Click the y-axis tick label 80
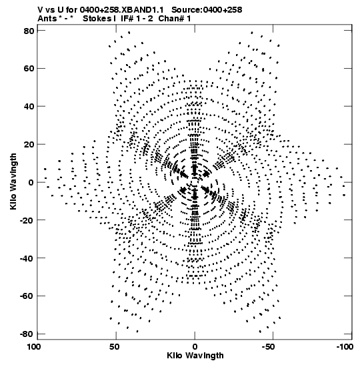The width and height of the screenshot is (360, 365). coord(29,31)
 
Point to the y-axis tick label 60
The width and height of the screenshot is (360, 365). coord(29,69)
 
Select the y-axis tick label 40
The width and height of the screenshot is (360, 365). coord(29,107)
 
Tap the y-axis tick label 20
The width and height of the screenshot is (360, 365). coord(29,145)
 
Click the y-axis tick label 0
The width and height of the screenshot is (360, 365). coord(31,183)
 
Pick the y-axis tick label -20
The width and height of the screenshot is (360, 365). coord(27,220)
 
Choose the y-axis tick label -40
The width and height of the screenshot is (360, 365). coord(27,258)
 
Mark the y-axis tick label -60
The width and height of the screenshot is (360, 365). coord(27,296)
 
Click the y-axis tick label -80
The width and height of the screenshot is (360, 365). coord(27,334)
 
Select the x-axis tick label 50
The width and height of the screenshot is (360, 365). coord(115,347)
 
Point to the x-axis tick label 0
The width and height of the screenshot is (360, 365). coord(195,347)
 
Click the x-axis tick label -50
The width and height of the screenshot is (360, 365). coord(271,347)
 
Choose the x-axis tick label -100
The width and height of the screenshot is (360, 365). coord(345,347)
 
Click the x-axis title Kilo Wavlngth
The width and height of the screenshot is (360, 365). coord(195,356)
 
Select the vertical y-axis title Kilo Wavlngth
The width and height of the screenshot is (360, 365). coord(13,181)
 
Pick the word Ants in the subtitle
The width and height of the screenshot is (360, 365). coord(47,19)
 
